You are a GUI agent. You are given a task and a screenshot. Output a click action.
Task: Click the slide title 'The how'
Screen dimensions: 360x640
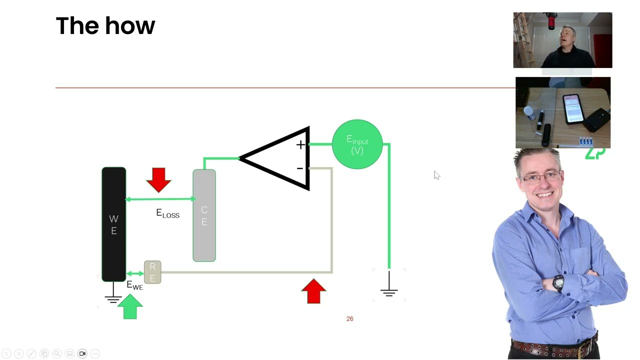105,26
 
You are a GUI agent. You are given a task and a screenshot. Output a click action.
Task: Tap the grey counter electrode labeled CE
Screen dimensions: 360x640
204,215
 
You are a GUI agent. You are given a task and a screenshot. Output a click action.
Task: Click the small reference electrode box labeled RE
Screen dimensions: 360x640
152,272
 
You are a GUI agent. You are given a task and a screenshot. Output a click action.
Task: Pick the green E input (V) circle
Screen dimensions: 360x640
357,144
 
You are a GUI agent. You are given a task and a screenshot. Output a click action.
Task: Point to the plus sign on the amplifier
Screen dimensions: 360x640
300,145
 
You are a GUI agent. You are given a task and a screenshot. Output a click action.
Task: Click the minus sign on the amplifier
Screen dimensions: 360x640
299,168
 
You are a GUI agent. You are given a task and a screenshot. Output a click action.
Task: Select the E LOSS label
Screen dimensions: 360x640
167,214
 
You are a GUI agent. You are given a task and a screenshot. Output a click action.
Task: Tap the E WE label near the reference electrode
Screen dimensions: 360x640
134,285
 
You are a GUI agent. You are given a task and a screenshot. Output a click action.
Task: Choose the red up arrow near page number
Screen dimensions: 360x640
313,291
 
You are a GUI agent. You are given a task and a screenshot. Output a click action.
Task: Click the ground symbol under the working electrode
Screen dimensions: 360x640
113,297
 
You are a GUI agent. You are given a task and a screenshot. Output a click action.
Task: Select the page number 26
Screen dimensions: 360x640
349,318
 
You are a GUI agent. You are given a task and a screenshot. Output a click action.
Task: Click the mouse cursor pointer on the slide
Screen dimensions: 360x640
436,174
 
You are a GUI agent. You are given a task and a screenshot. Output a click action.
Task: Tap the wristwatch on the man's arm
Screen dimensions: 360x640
558,283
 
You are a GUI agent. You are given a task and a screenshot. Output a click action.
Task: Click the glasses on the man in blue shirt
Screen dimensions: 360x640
543,176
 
